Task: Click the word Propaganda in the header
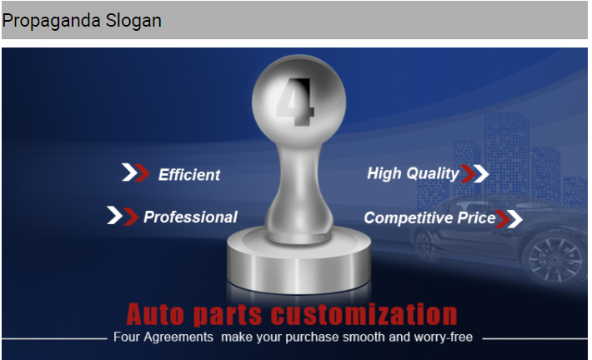click(52, 21)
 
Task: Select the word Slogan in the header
click(133, 21)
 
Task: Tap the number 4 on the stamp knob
click(296, 102)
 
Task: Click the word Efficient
click(189, 175)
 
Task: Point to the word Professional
click(190, 217)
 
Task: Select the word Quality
click(433, 174)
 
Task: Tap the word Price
click(476, 217)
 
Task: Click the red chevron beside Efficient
click(143, 172)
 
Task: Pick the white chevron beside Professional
click(115, 215)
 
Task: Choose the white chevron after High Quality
click(481, 173)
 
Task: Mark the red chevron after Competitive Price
click(503, 219)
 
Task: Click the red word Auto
click(155, 314)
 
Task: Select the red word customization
click(364, 314)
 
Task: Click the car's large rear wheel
click(555, 258)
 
